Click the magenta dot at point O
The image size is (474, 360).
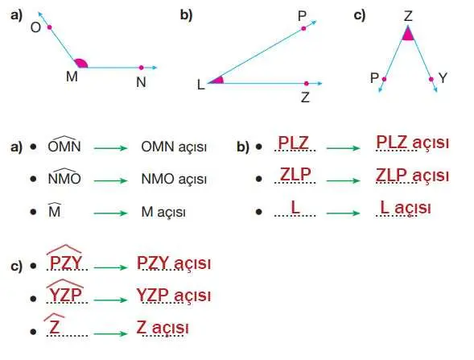click(49, 27)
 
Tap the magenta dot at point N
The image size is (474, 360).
click(141, 68)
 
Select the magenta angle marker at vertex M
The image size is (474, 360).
click(80, 63)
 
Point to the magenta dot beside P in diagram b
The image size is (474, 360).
click(303, 28)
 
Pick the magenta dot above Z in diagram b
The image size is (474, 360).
click(307, 82)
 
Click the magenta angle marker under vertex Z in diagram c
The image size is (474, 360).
click(408, 34)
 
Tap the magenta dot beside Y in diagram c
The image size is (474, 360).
click(431, 79)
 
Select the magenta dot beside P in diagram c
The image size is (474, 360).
click(384, 79)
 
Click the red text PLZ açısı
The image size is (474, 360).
click(411, 143)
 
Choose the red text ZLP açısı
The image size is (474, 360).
click(411, 176)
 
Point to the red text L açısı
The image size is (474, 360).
click(405, 208)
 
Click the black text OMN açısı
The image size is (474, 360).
click(174, 147)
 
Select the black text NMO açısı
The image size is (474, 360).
click(174, 180)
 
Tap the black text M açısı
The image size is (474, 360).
click(163, 213)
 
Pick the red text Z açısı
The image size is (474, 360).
click(163, 328)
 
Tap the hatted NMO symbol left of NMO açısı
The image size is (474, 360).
click(64, 178)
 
